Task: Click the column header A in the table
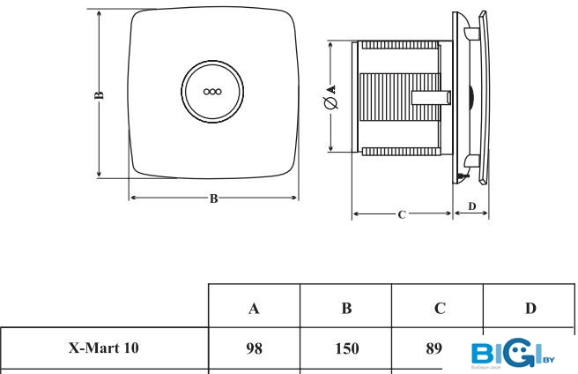[254, 308]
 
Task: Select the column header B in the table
[346, 308]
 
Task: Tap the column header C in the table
[438, 308]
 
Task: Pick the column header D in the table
[530, 308]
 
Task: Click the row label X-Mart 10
[104, 348]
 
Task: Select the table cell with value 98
[254, 348]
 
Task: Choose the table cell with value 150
[346, 348]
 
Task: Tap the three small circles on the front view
[212, 91]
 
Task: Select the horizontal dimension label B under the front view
[213, 198]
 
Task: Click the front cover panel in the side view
[476, 97]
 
